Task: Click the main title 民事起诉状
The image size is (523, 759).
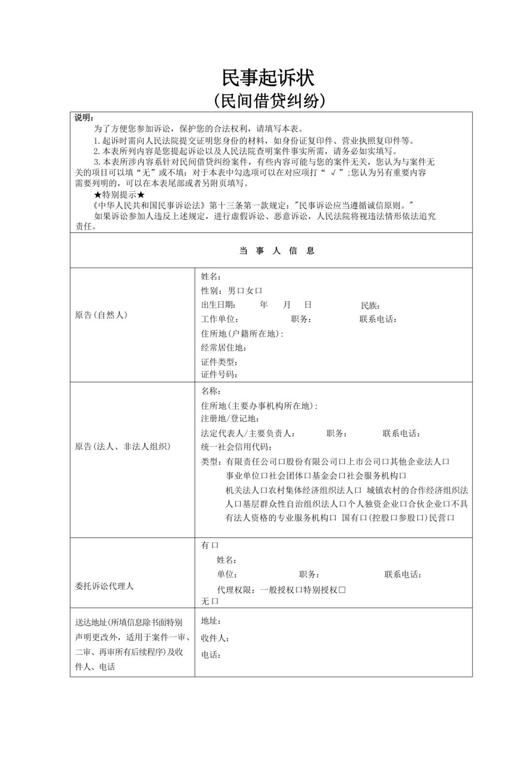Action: tap(268, 77)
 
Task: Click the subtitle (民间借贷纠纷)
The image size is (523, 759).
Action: tap(268, 100)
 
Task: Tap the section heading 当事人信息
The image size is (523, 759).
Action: tap(277, 250)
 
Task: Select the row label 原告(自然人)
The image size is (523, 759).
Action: tap(101, 315)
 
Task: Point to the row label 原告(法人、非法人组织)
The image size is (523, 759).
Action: tap(123, 447)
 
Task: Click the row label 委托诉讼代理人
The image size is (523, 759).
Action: tap(104, 586)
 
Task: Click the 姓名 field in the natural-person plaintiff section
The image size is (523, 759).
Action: tap(211, 277)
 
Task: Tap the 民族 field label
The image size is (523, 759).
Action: tap(370, 305)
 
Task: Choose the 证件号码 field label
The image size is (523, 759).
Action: tap(219, 374)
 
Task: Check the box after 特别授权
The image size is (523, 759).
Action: tap(342, 589)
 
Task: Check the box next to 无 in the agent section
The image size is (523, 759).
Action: tap(215, 601)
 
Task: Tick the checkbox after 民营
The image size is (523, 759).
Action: tap(451, 518)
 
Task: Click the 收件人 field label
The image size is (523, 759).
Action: tap(215, 638)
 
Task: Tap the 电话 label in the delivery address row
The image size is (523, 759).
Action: tap(211, 655)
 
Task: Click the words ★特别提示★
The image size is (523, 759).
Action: tap(119, 195)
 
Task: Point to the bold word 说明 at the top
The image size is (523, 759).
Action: tap(84, 118)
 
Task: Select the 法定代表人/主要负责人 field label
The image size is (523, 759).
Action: tap(248, 434)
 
